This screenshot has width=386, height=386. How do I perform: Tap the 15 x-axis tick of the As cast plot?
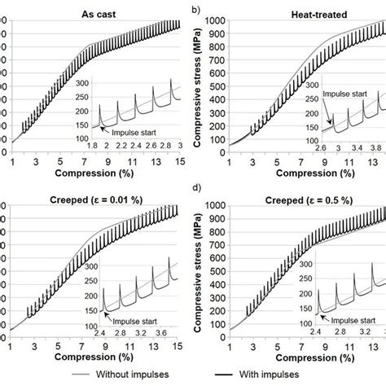[x=179, y=162]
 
